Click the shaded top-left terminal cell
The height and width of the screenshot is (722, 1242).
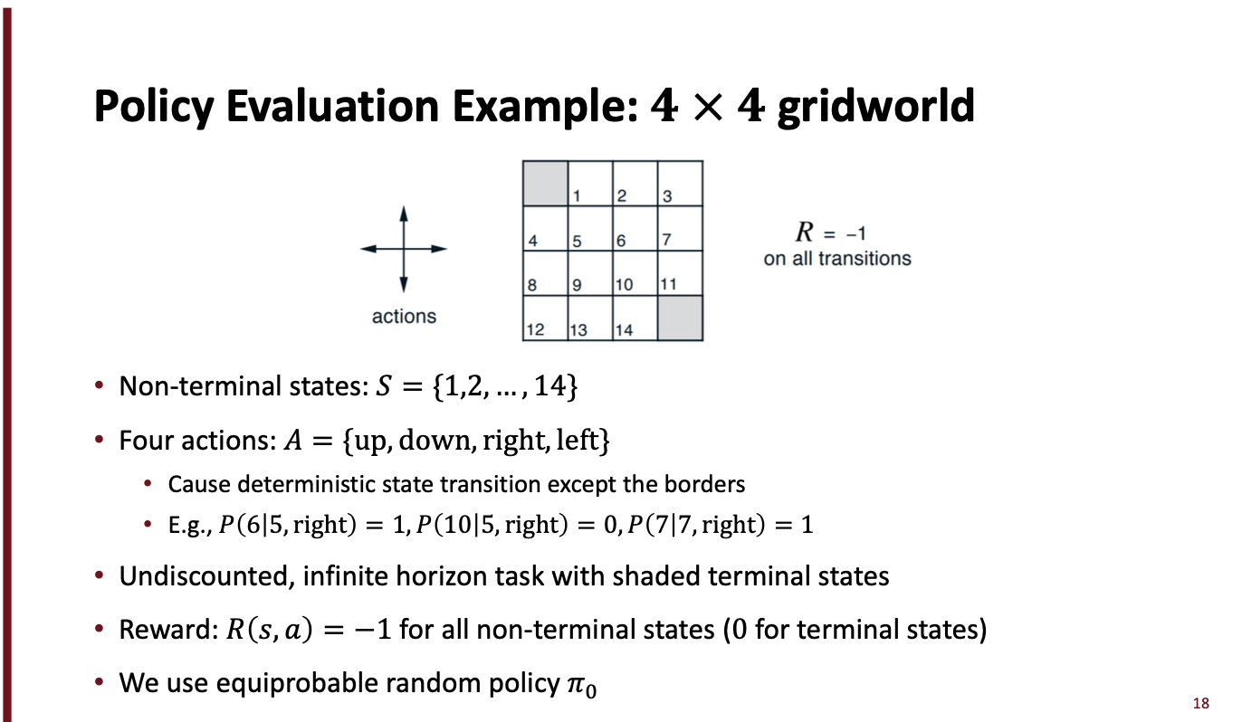[545, 184]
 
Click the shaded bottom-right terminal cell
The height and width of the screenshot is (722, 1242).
[680, 318]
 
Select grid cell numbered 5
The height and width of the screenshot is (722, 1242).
[589, 229]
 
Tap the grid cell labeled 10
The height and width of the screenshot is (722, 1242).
[635, 273]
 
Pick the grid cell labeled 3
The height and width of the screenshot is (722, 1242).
[680, 184]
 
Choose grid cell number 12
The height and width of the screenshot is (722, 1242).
[545, 318]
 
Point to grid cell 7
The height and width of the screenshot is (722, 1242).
[680, 229]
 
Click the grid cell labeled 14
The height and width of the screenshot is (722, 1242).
[635, 318]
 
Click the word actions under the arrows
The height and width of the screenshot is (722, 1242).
[404, 317]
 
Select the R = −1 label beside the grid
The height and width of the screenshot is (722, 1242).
[831, 233]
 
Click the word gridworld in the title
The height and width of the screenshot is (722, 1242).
[876, 107]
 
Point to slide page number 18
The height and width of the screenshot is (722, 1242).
[1201, 702]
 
